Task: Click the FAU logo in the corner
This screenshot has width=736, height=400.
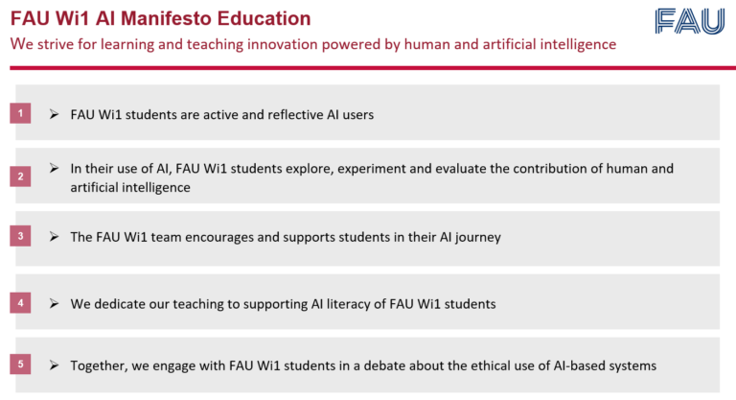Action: point(689,21)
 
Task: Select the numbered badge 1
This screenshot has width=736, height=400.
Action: point(21,114)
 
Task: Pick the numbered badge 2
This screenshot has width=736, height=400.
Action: point(21,176)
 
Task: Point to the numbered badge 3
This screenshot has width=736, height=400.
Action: point(21,236)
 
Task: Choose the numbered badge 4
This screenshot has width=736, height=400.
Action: point(21,303)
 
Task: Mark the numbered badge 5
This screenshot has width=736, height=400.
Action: point(21,365)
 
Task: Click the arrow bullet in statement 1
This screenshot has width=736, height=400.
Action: point(54,114)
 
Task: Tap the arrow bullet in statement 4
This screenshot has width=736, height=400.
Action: point(54,303)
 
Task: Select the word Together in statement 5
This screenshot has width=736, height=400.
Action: point(102,365)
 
